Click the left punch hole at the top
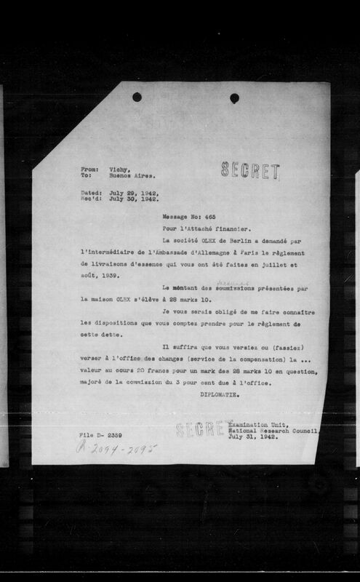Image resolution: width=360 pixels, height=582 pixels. (137, 97)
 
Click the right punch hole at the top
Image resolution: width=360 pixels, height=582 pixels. (234, 98)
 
